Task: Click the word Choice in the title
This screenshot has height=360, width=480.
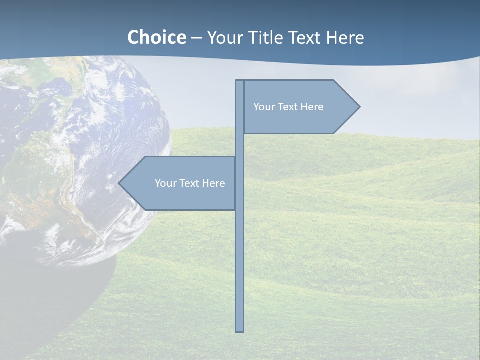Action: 156,37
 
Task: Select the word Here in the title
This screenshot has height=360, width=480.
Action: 345,37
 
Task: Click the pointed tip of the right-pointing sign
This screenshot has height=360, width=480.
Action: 359,106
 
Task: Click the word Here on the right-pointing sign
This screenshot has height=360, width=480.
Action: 312,107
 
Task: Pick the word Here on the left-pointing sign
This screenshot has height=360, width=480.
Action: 214,183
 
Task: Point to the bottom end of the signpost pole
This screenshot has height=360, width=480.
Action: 240,330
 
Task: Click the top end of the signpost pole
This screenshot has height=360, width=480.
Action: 240,82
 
